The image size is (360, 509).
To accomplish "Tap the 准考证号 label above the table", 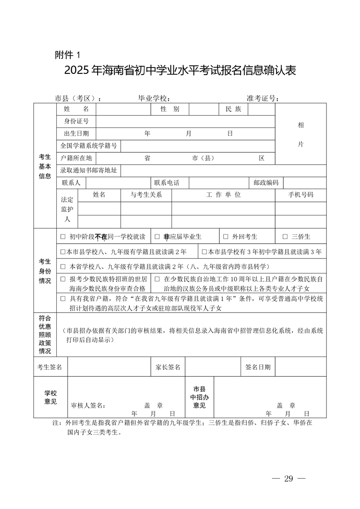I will click(262, 98).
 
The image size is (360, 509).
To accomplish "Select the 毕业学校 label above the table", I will click(154, 98).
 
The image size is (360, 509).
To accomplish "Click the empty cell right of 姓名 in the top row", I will click(123, 109).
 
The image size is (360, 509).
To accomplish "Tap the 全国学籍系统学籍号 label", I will click(89, 146).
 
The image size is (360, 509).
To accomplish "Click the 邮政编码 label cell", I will click(266, 183).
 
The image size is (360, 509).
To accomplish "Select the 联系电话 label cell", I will click(167, 183).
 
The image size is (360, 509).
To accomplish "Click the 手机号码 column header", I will click(301, 195).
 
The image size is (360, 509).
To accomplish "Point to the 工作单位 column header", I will click(223, 195).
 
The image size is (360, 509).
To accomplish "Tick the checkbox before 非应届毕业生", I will click(157, 237).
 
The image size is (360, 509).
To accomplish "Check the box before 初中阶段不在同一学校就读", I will click(63, 237).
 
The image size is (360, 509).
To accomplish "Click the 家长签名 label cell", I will click(168, 367).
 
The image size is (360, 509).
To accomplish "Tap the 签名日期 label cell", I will click(257, 367).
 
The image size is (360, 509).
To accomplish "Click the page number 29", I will click(289, 479).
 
